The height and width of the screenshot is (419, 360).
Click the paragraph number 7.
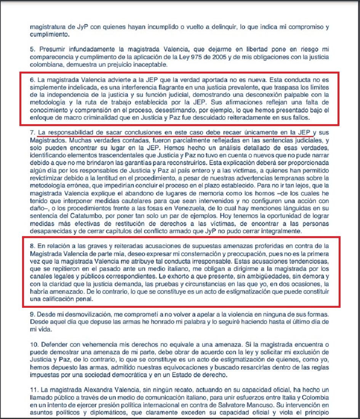(x=32, y=133)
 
